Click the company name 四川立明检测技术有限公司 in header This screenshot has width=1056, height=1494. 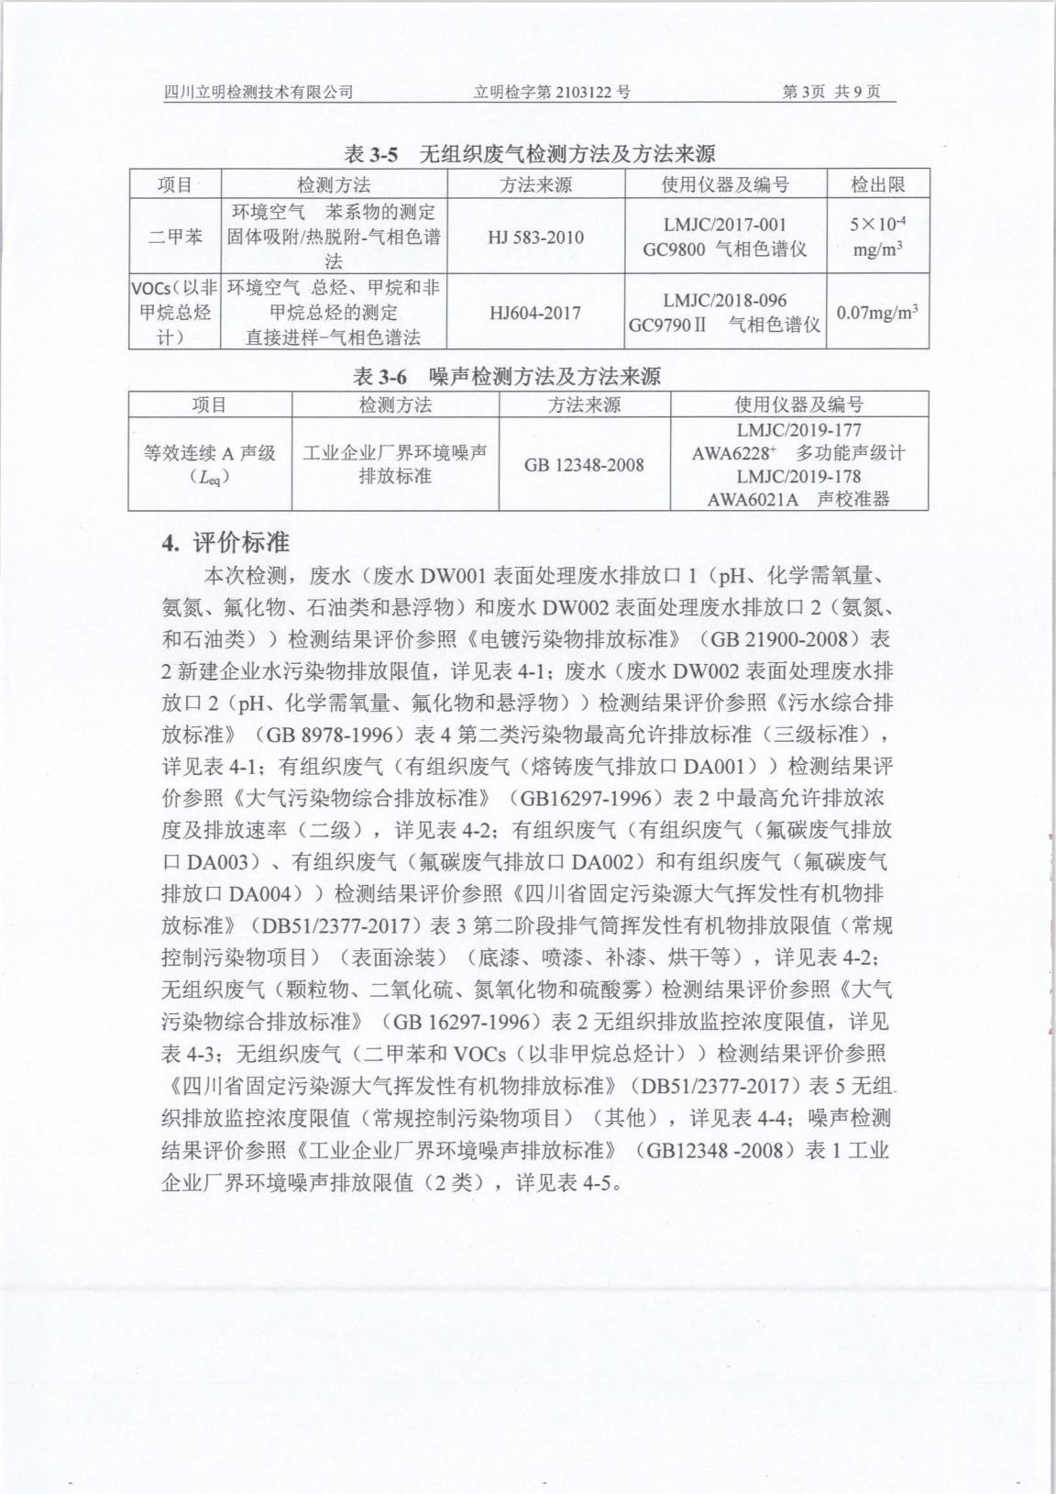pos(258,92)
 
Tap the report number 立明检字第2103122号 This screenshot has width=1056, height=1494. pos(552,92)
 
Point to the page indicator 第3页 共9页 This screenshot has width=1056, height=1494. pos(831,92)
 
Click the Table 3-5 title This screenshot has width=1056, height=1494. pos(529,153)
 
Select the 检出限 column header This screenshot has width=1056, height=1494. pos(877,184)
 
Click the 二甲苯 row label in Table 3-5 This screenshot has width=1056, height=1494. pos(175,237)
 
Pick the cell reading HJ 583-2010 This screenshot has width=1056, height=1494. pos(535,238)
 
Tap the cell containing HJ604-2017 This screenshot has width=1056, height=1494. pos(535,313)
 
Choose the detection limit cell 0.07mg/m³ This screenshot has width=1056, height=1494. pos(877,313)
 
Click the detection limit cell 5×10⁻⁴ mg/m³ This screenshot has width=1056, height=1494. pos(877,236)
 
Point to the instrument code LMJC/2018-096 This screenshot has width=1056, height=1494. pos(724,301)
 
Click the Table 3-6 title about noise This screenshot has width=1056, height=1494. pos(507,376)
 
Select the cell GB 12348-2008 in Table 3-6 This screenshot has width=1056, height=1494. pos(584,465)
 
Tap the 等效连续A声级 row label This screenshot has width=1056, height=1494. pos(210,463)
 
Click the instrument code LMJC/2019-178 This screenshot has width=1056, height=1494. pos(798,476)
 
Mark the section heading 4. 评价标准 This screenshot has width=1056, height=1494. pos(225,543)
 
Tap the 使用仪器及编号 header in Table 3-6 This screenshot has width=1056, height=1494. pos(798,404)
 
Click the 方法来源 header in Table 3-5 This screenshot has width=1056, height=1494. pos(535,184)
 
